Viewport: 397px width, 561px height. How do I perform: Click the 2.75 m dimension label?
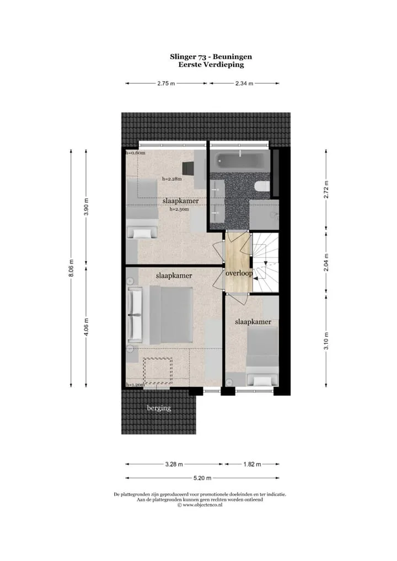[166, 83]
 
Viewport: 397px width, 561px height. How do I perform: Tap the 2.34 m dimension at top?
[244, 83]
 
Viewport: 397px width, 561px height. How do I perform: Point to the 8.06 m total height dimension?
[71, 268]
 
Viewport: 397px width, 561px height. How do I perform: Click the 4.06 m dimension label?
[86, 327]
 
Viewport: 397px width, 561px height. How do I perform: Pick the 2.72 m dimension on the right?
[326, 190]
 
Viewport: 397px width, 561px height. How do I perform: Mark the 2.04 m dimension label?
[326, 262]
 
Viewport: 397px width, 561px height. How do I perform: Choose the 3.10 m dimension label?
[326, 341]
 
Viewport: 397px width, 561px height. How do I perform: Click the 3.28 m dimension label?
[174, 465]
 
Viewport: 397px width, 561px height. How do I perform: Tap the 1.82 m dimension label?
[252, 465]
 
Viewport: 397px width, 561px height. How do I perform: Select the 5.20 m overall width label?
[202, 478]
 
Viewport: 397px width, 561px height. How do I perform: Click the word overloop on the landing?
[239, 273]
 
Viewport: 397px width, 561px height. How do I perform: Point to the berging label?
[159, 408]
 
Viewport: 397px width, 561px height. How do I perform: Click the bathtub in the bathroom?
[239, 161]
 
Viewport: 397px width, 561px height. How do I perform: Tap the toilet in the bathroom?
[262, 186]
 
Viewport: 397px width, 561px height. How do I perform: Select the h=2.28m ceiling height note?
[172, 179]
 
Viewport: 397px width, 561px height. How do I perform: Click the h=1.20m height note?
[135, 385]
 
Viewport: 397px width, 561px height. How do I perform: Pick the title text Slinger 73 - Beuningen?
[211, 57]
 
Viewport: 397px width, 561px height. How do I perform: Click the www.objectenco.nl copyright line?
[200, 505]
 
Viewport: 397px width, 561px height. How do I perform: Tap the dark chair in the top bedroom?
[188, 168]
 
